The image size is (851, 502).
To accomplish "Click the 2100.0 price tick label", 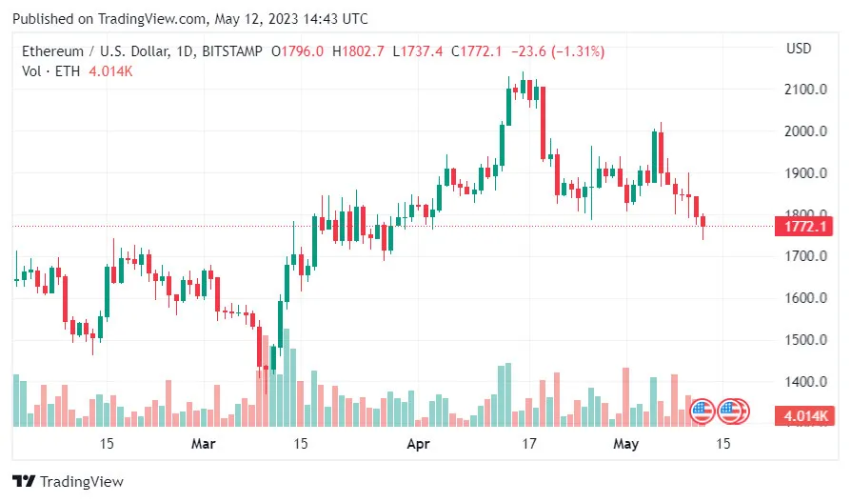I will point(804,90).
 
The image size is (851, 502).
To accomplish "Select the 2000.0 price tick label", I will point(804,131).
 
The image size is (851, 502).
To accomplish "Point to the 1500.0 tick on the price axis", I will point(804,340).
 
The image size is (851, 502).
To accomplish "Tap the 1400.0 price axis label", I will point(804,382).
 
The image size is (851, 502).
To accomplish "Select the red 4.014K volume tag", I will point(804,416).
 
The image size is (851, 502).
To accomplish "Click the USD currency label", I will point(799,49).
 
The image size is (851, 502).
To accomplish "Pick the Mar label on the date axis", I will point(204,444).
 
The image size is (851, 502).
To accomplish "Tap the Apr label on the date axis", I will point(419,444).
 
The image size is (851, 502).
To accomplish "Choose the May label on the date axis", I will point(625,444).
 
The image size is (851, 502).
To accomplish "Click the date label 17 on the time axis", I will point(529,444).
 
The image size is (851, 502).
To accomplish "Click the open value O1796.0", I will point(298,50).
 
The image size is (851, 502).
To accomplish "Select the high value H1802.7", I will point(358,50).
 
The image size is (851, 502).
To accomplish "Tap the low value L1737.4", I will point(418,50).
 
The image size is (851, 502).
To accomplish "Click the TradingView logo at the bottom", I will point(68,482).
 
